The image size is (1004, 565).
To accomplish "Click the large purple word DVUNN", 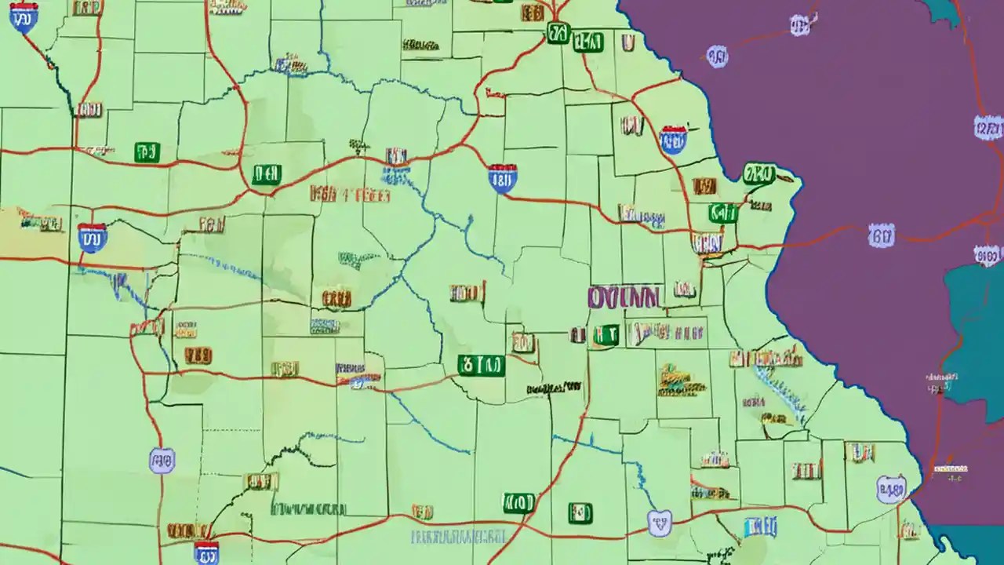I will [624, 296].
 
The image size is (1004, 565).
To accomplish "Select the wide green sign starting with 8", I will [481, 365].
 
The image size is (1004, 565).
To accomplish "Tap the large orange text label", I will [350, 194].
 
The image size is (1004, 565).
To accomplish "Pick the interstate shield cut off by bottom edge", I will [206, 551].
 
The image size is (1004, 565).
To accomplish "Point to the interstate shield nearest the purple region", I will [673, 140].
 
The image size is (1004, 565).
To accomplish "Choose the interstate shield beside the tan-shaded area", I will [92, 236].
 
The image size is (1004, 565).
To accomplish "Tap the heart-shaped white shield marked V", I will [660, 522].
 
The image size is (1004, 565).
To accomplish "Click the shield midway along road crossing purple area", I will [881, 233].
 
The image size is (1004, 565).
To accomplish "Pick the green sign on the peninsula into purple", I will [758, 173].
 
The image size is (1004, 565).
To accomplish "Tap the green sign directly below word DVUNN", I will [605, 335].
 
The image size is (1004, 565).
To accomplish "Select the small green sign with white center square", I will [580, 513].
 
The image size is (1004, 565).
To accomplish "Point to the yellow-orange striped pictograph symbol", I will [681, 380].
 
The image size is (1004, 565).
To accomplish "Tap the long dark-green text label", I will [308, 508].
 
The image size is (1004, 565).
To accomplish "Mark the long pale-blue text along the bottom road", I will [458, 538].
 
